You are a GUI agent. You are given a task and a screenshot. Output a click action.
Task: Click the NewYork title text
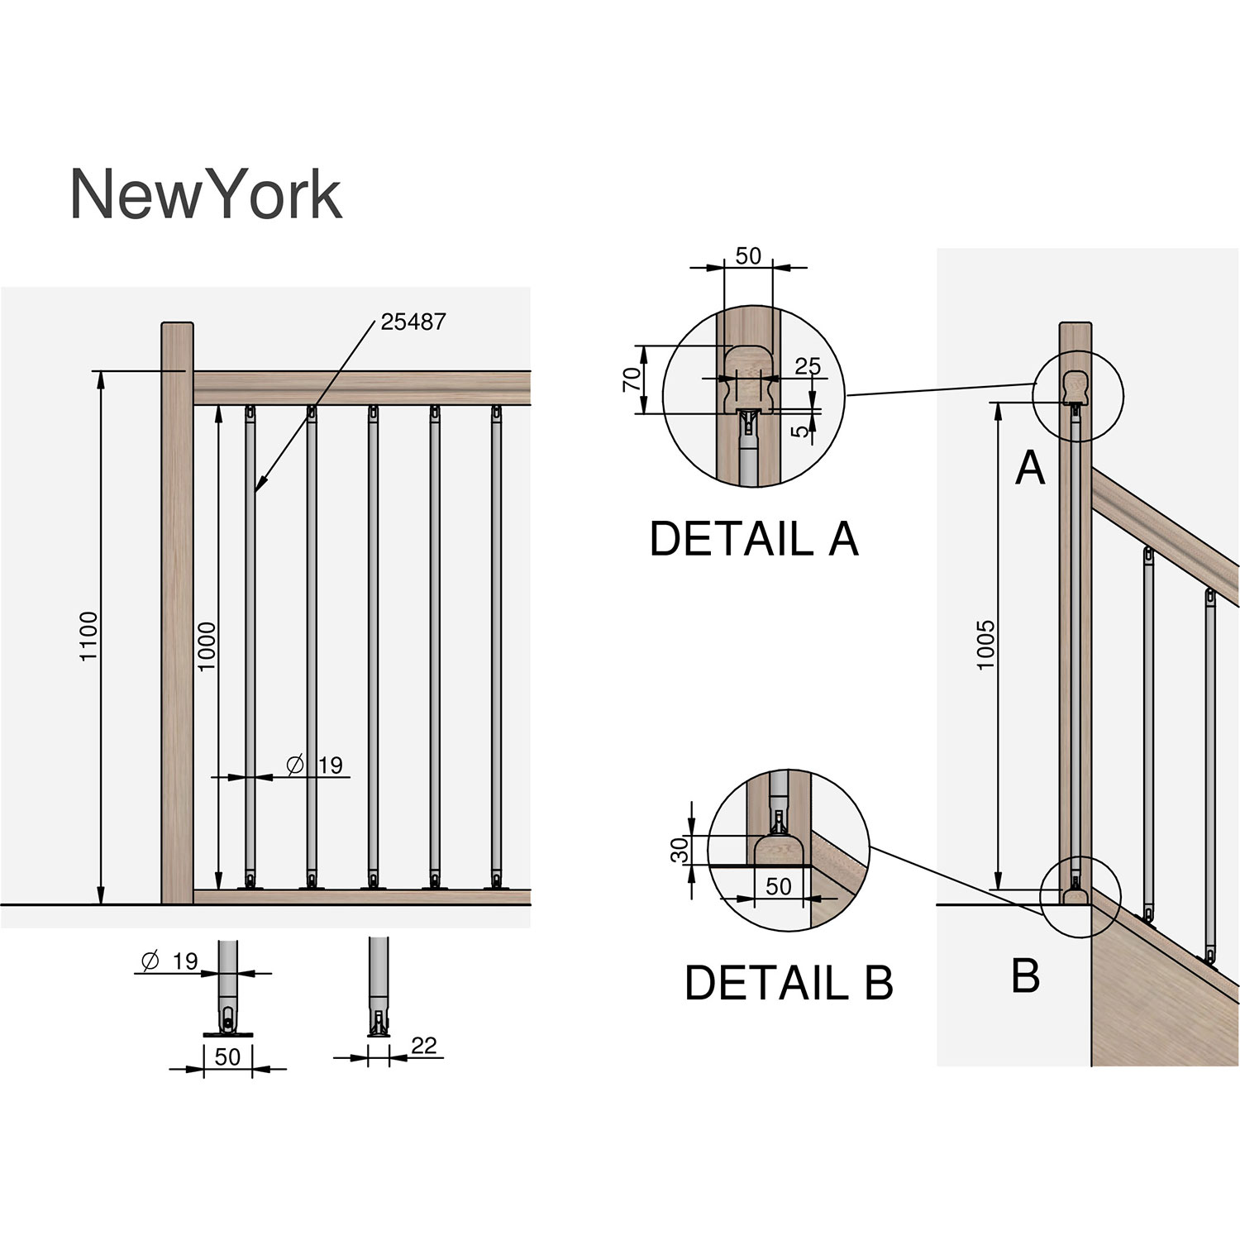205,195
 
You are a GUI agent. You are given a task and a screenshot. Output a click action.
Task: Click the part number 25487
413,322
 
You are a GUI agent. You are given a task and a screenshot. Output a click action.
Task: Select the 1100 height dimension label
89,636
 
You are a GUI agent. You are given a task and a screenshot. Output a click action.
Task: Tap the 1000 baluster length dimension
207,646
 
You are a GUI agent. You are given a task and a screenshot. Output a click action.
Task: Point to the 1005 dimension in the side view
986,645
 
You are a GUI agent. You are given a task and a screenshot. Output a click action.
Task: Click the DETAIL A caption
753,539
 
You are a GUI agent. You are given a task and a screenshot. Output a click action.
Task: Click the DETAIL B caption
788,983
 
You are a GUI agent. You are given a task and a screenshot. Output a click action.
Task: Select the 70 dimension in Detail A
632,379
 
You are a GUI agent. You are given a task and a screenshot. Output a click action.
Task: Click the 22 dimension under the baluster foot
423,1046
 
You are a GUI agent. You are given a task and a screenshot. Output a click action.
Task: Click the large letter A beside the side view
1030,469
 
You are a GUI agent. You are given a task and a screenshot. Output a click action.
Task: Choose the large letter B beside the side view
1025,975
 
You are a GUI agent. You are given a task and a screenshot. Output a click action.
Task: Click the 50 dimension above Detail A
747,255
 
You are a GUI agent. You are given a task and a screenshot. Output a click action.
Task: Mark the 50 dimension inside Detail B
778,886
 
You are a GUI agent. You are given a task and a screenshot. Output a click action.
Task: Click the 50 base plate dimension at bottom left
227,1056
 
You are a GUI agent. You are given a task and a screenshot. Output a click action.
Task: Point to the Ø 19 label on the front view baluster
315,765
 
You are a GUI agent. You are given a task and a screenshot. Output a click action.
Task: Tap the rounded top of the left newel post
178,326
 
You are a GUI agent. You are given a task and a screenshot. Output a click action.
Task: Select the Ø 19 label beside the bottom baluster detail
171,961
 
